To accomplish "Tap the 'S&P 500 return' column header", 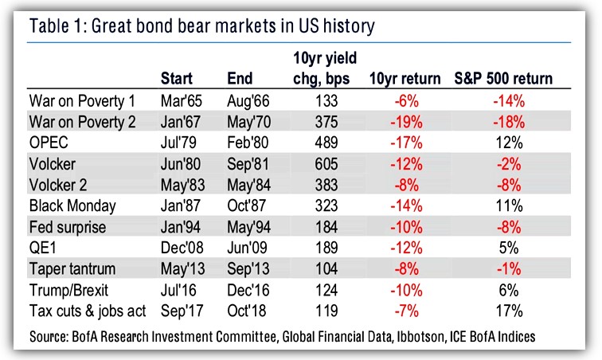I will pyautogui.click(x=503, y=79).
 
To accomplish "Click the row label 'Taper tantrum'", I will pyautogui.click(x=72, y=268).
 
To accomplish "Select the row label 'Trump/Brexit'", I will pyautogui.click(x=68, y=288).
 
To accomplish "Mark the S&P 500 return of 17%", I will pyautogui.click(x=506, y=309).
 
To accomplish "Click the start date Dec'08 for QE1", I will pyautogui.click(x=181, y=247).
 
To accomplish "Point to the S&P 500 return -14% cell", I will pyautogui.click(x=506, y=102).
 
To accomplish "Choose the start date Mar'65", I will pyautogui.click(x=181, y=102).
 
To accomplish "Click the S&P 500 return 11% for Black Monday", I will pyautogui.click(x=506, y=205).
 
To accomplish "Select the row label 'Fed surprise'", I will pyautogui.click(x=68, y=226).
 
